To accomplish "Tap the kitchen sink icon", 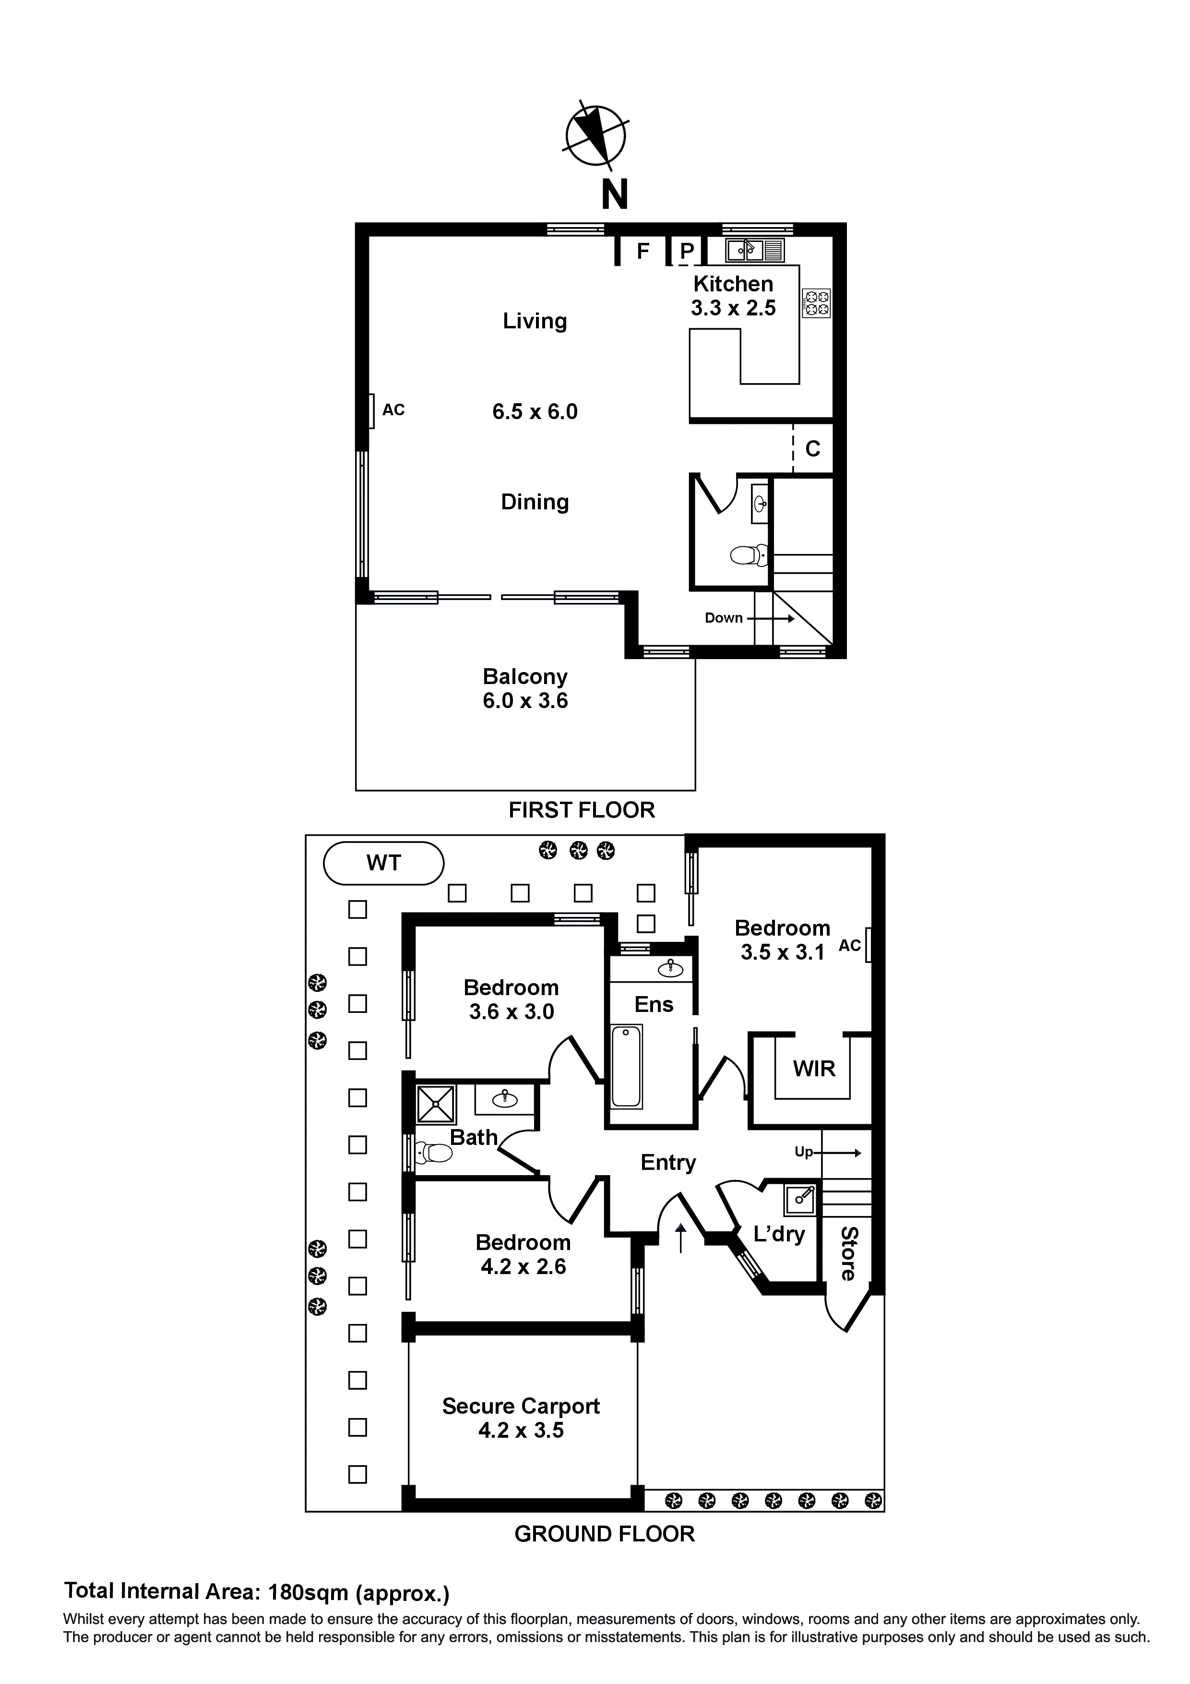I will (x=754, y=250).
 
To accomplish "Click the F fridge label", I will (x=643, y=252).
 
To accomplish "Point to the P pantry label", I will (x=686, y=252).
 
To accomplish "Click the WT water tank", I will (x=383, y=863).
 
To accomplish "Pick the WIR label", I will (x=814, y=1069).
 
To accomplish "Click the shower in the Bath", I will (x=436, y=1104).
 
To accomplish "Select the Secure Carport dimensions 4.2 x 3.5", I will (x=521, y=1430).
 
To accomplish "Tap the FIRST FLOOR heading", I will (x=582, y=810).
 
